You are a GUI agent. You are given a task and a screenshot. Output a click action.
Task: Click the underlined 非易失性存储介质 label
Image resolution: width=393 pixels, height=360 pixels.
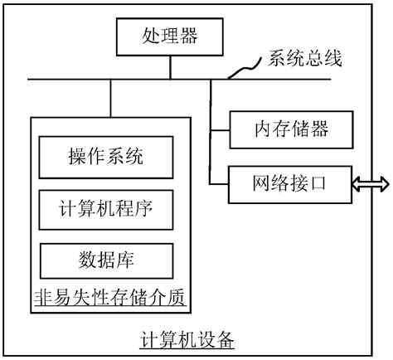coord(109,297)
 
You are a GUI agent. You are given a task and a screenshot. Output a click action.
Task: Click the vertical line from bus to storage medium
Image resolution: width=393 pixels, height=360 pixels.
coord(109,99)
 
